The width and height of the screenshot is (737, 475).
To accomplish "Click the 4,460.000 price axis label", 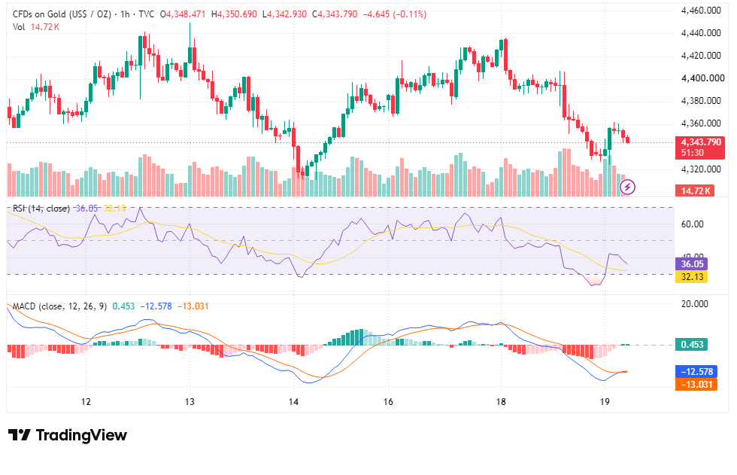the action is point(701,11).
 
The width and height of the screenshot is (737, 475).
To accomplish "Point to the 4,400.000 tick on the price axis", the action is point(702,78).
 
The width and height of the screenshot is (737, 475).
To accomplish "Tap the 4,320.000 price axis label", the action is point(701,169).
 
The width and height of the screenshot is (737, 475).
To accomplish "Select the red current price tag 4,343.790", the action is point(700,142).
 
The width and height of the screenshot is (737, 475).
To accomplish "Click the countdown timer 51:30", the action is point(693,153).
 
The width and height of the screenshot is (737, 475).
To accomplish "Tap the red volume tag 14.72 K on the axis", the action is point(695,190).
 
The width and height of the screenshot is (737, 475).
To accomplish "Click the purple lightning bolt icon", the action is point(627,187).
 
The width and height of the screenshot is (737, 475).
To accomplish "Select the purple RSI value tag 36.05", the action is point(691,263).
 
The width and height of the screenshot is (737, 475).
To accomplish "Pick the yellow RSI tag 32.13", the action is point(691,276).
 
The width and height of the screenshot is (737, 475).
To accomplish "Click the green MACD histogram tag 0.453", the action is point(691,344).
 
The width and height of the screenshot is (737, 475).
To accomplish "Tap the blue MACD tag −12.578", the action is point(696,372).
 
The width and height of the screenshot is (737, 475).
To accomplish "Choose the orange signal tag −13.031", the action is point(696,384).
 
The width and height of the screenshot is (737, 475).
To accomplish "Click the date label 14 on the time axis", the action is point(293,402).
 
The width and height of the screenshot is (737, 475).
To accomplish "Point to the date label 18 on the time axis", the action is point(501,402).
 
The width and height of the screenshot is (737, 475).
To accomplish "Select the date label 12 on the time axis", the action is point(86,402).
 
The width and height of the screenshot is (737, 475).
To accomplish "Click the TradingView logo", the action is point(68,435).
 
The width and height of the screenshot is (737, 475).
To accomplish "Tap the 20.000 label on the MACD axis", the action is point(694,304).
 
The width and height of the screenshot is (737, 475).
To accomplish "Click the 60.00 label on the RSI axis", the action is point(692,224).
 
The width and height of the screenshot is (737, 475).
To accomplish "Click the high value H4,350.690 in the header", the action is point(234,14).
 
